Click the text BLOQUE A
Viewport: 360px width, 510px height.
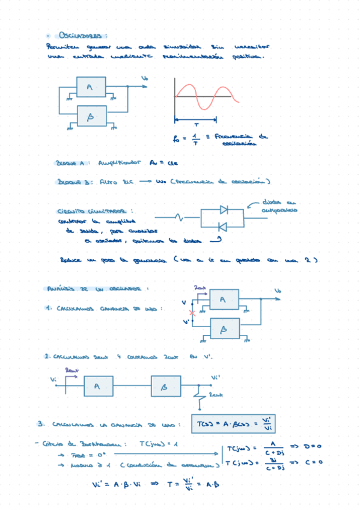pyautogui.click(x=72, y=162)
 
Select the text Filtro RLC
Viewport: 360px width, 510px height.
pyautogui.click(x=118, y=182)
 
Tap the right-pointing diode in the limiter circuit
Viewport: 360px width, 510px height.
pyautogui.click(x=223, y=209)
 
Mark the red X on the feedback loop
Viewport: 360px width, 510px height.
pyautogui.click(x=192, y=313)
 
